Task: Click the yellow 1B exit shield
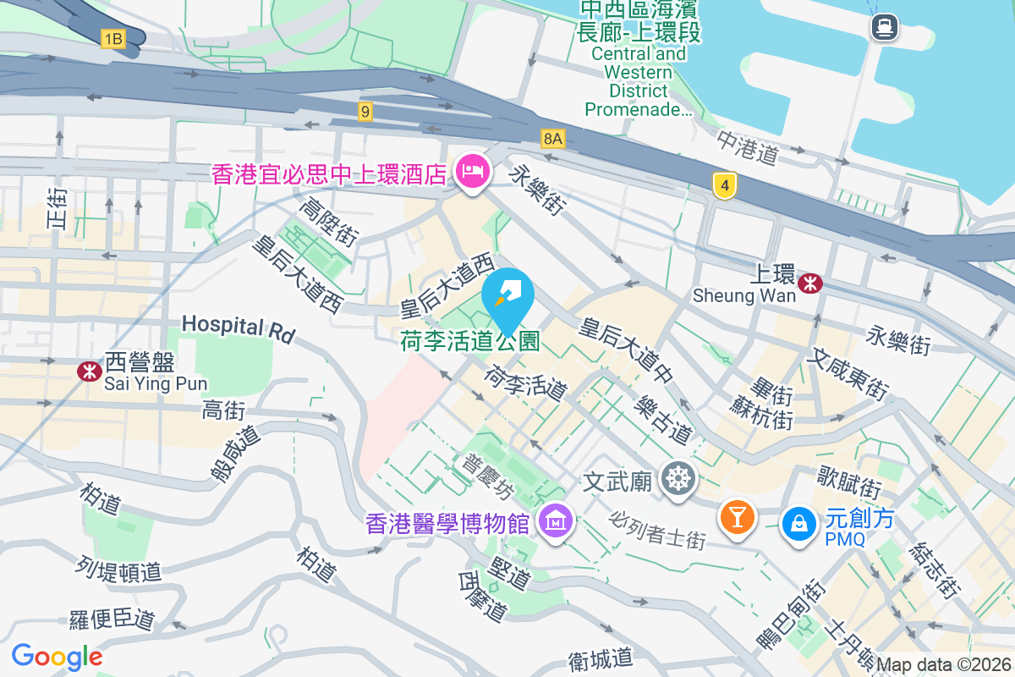112,38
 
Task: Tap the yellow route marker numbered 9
365,111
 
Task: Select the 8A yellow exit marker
553,138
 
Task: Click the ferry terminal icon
884,27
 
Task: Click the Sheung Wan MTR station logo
810,283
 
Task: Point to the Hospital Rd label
238,328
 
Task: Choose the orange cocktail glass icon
736,516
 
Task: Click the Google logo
57,657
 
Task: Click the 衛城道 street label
601,658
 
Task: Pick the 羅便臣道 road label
112,619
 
